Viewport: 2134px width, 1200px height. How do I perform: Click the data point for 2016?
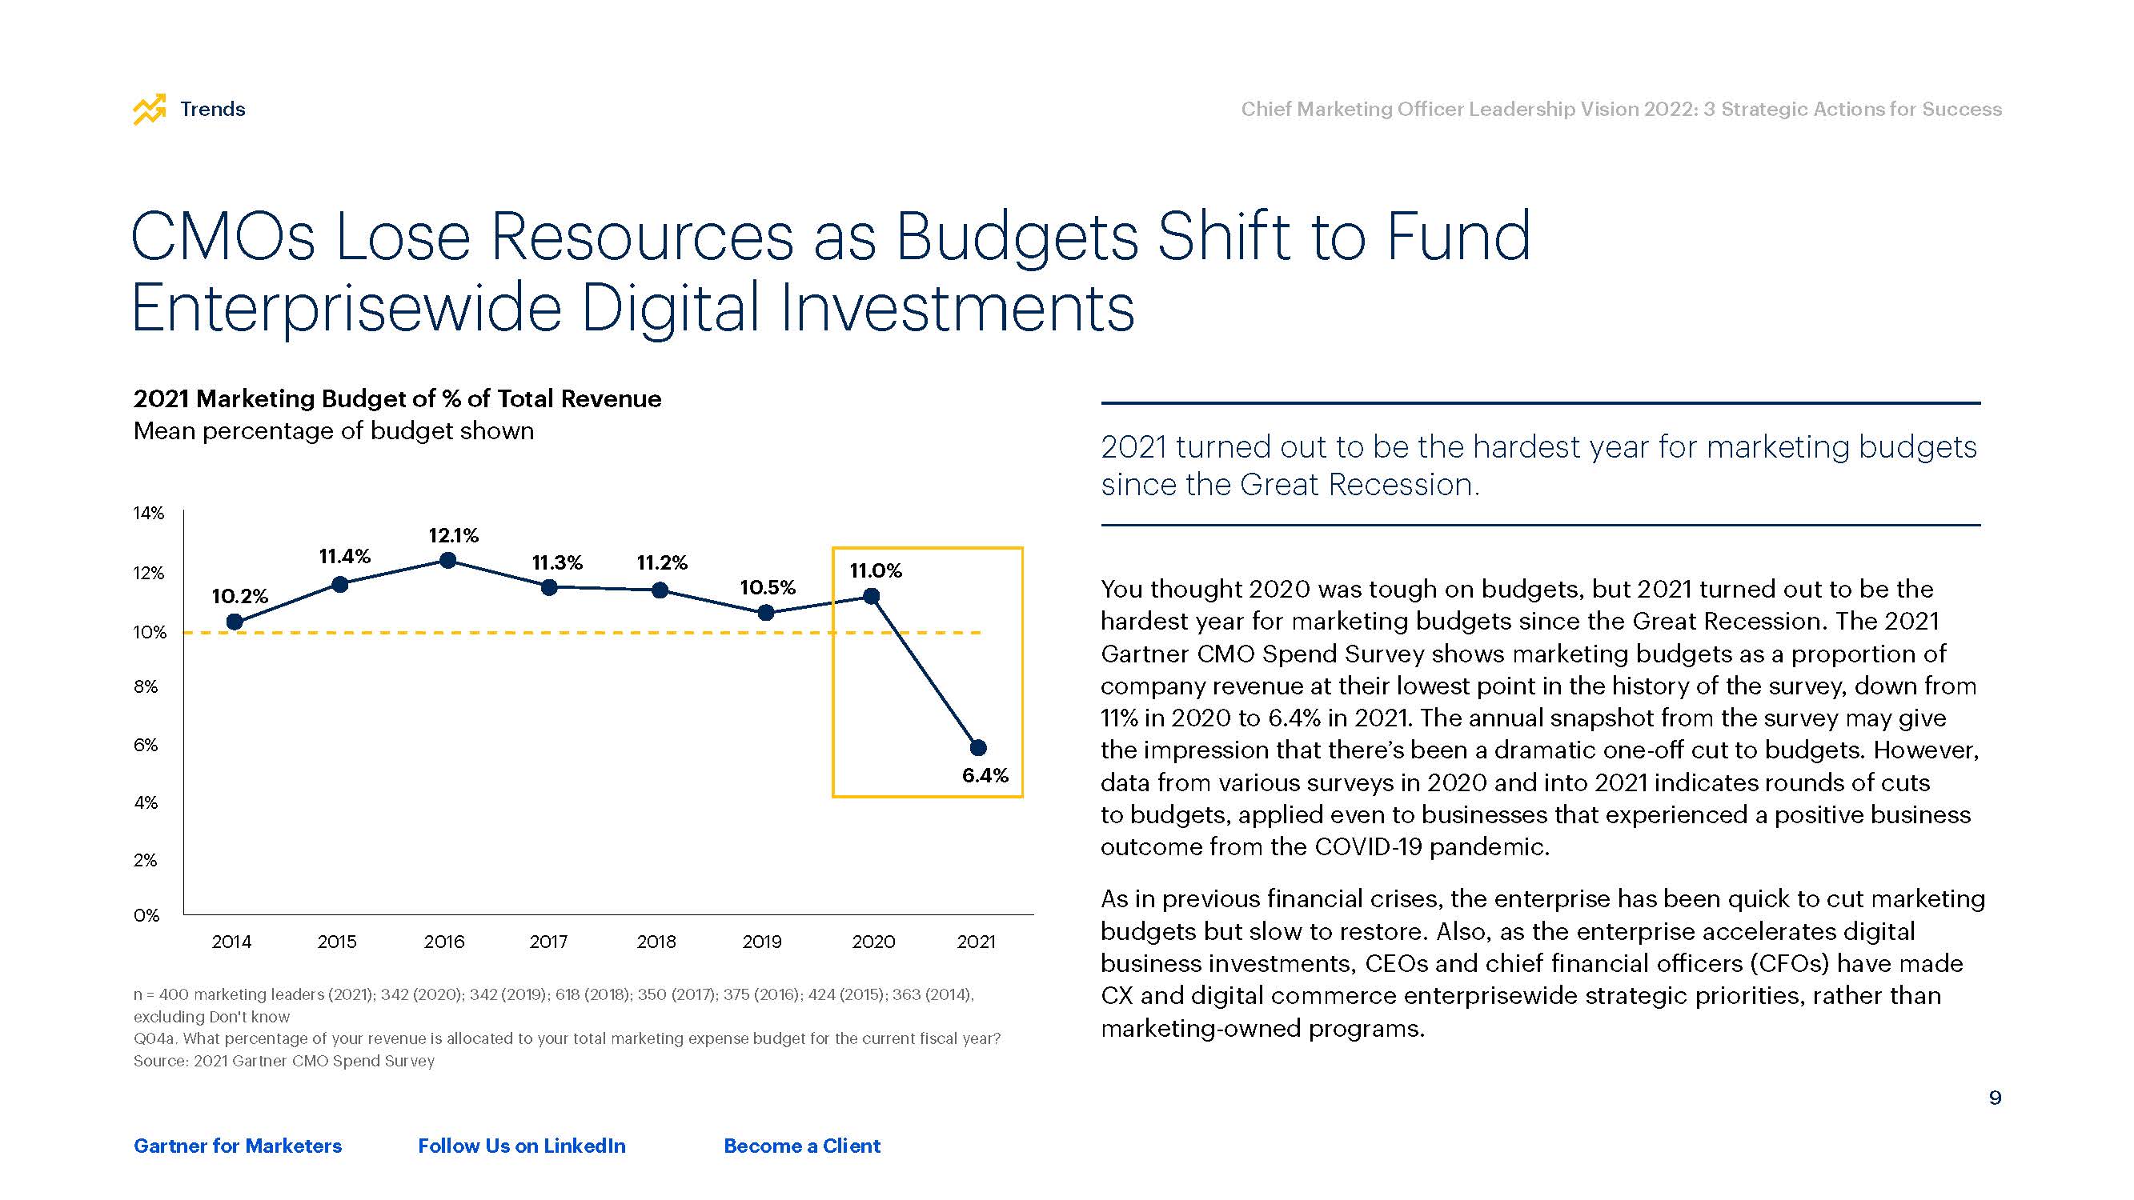[447, 561]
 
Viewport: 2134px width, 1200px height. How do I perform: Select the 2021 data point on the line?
[977, 748]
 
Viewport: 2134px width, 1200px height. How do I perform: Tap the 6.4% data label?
[985, 776]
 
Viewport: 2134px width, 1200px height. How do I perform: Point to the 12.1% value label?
[453, 536]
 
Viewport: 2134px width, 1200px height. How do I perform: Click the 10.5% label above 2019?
[767, 588]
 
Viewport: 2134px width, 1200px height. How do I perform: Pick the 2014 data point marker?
[235, 622]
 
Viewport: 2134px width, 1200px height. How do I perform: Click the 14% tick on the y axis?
[149, 514]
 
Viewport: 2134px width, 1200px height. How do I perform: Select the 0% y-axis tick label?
[146, 915]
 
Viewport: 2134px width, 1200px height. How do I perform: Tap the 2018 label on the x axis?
[656, 942]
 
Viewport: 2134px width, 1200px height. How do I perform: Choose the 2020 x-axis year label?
[873, 942]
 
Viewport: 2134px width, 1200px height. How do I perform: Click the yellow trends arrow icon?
[150, 110]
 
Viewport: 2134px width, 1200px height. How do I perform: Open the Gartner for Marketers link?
[238, 1146]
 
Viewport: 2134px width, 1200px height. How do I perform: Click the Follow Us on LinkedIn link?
[522, 1146]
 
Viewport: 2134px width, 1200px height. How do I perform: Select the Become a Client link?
[802, 1146]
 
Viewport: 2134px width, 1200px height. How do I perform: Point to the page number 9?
[1995, 1098]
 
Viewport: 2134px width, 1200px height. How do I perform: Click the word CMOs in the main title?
[223, 237]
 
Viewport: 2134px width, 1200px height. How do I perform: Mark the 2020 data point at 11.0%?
[872, 596]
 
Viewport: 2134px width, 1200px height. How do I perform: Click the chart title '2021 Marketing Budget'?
[397, 399]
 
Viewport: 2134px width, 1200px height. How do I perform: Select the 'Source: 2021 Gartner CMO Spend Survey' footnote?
[284, 1061]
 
